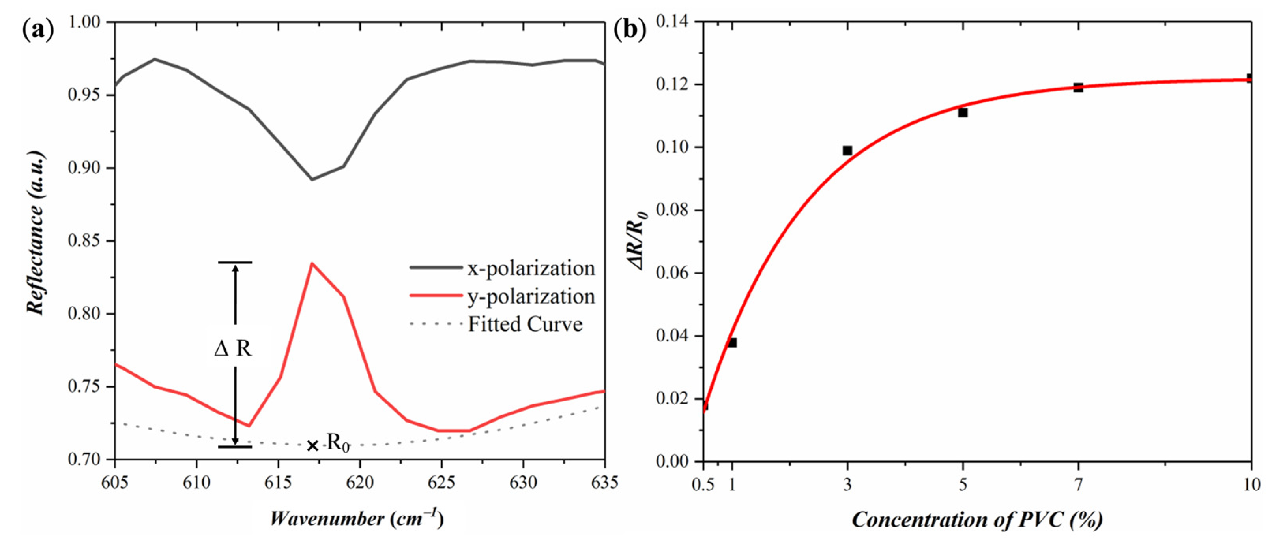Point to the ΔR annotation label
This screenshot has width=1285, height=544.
pyautogui.click(x=233, y=348)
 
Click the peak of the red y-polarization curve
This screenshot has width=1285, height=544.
pyautogui.click(x=312, y=263)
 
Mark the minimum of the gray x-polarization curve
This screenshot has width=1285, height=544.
pyautogui.click(x=312, y=179)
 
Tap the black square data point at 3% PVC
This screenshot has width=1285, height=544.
pyautogui.click(x=847, y=151)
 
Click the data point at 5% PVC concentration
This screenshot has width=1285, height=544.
pyautogui.click(x=963, y=113)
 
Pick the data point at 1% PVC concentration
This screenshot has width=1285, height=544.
pyautogui.click(x=732, y=343)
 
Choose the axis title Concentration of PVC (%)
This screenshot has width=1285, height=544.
pyautogui.click(x=977, y=520)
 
